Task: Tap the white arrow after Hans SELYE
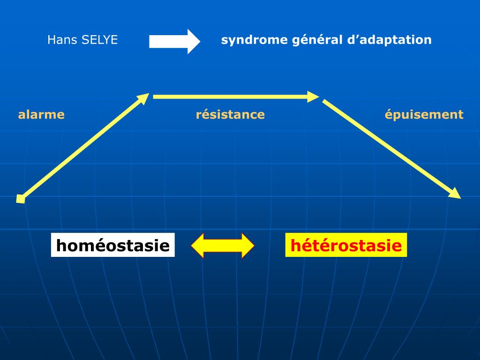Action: tap(174, 42)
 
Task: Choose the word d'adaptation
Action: tap(390, 40)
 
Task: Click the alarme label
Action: tap(41, 114)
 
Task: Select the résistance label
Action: tap(230, 114)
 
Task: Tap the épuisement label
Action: tap(424, 114)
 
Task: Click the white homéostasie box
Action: tap(112, 245)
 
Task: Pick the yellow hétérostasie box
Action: tap(346, 245)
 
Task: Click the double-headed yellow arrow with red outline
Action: tap(223, 245)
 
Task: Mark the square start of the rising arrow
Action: tap(20, 199)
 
